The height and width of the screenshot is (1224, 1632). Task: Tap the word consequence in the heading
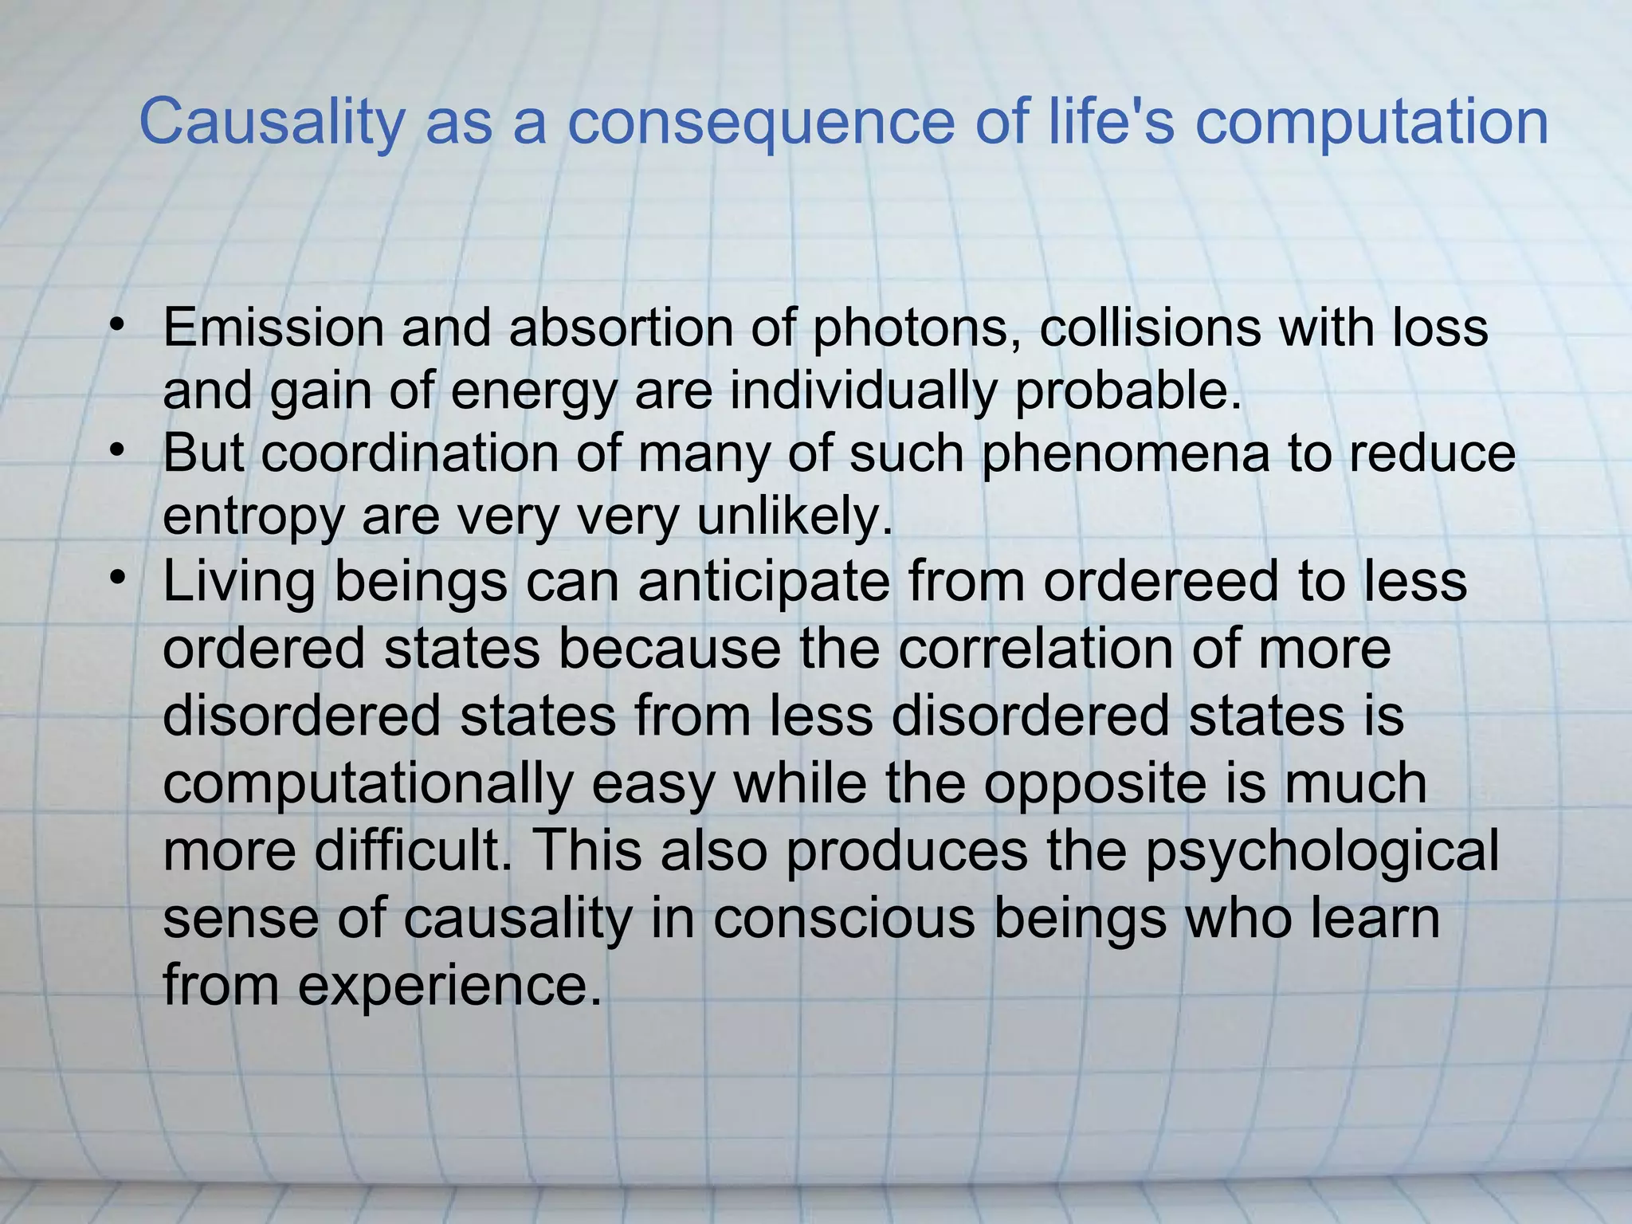760,122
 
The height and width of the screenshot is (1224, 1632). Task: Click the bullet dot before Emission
117,324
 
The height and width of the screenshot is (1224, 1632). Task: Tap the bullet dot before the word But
117,451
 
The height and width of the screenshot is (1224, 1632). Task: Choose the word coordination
410,453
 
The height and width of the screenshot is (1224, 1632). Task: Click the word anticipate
763,582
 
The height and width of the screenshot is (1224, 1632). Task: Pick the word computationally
367,783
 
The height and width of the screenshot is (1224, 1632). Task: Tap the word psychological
1322,850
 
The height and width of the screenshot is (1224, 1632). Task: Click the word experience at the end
450,985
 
